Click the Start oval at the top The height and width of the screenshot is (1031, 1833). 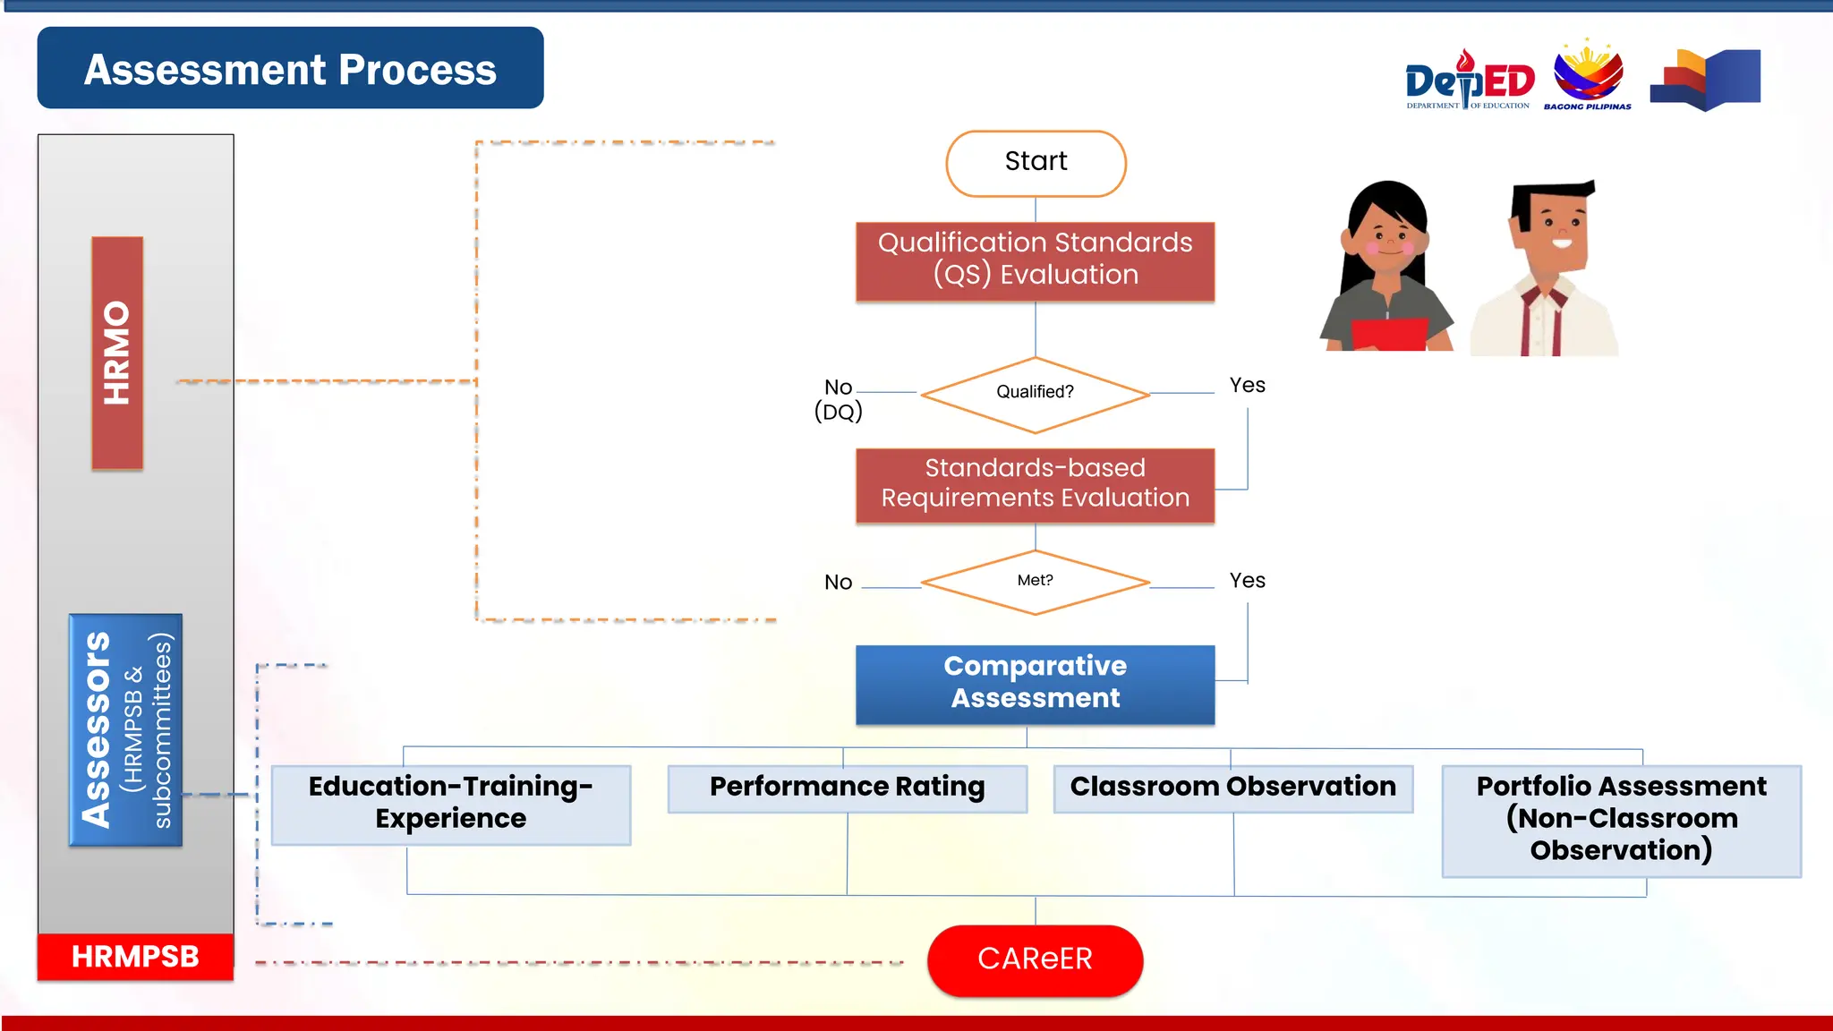[x=1036, y=163]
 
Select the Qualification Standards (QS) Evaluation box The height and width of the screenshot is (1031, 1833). [x=1035, y=260]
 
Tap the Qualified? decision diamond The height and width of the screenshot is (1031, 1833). [x=1035, y=394]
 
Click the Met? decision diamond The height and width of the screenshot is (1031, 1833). [x=1035, y=582]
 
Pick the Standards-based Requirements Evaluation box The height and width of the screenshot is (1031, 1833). [x=1035, y=484]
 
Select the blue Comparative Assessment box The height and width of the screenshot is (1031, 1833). [x=1035, y=684]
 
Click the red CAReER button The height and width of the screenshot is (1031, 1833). [x=1035, y=959]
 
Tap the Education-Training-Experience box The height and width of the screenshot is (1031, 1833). [x=451, y=804]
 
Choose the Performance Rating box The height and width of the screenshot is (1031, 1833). [x=847, y=788]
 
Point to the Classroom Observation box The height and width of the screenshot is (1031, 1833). [x=1232, y=788]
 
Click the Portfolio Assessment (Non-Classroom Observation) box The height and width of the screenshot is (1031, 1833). [x=1621, y=820]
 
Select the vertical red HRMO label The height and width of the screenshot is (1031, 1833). [x=117, y=353]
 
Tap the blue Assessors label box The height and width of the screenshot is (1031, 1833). [x=125, y=729]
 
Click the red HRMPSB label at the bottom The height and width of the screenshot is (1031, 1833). [x=135, y=957]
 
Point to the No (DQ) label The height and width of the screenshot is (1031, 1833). [x=838, y=399]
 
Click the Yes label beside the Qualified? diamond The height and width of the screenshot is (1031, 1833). [x=1247, y=386]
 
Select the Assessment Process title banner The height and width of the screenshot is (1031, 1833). [x=290, y=69]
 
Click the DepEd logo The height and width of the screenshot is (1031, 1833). [x=1469, y=81]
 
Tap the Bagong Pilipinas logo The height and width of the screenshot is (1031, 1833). [x=1588, y=75]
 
